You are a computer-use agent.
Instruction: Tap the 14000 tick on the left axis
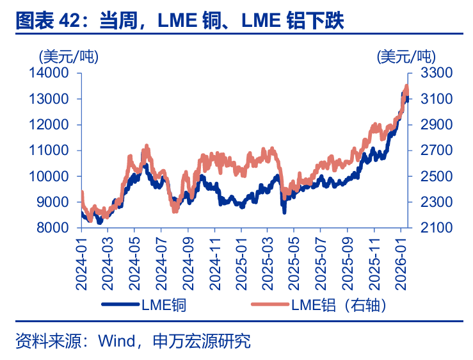(50, 73)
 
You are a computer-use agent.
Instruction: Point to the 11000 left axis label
(50, 151)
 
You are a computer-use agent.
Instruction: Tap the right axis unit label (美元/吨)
(405, 56)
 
